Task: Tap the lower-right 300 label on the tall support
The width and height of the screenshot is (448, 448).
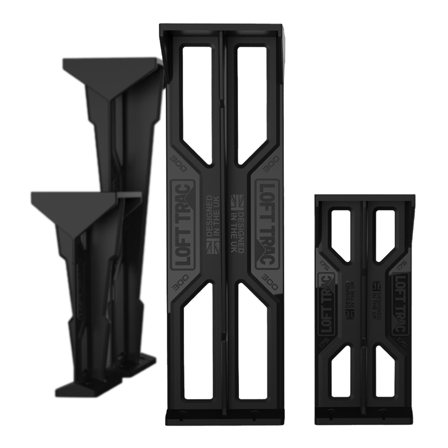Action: pyautogui.click(x=270, y=281)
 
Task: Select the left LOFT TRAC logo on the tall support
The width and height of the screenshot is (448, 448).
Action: pyautogui.click(x=183, y=224)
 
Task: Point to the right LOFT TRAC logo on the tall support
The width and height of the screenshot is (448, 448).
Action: pyautogui.click(x=267, y=224)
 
